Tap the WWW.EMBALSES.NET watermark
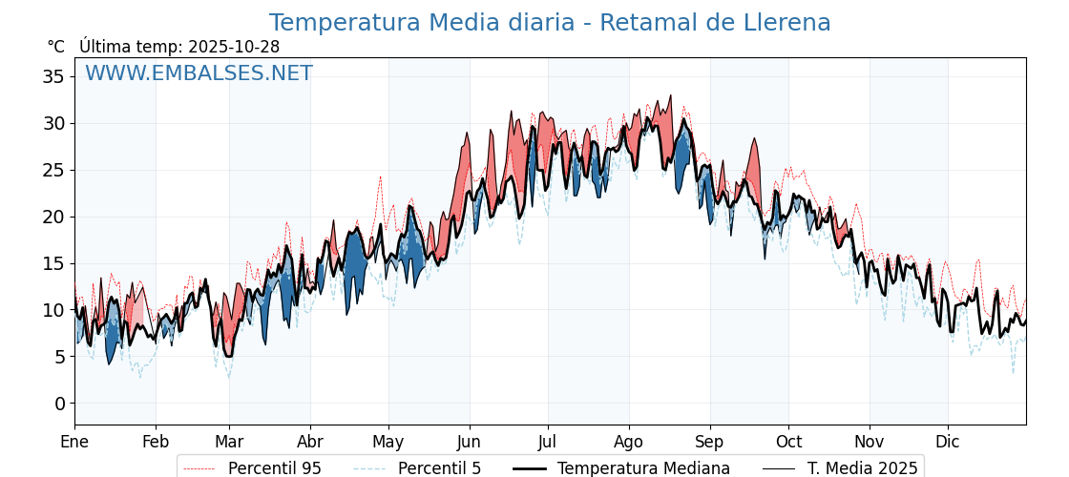(x=199, y=73)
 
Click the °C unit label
(x=55, y=47)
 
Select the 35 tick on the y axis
(x=52, y=76)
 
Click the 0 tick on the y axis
(x=58, y=404)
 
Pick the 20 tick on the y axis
(x=52, y=217)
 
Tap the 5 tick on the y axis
(x=58, y=357)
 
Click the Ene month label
(x=74, y=442)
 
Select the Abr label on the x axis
(x=310, y=442)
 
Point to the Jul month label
(x=548, y=442)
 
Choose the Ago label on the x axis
(x=629, y=442)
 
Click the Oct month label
(x=788, y=442)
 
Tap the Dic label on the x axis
(x=948, y=442)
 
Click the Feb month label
(x=156, y=442)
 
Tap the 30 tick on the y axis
(x=52, y=123)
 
